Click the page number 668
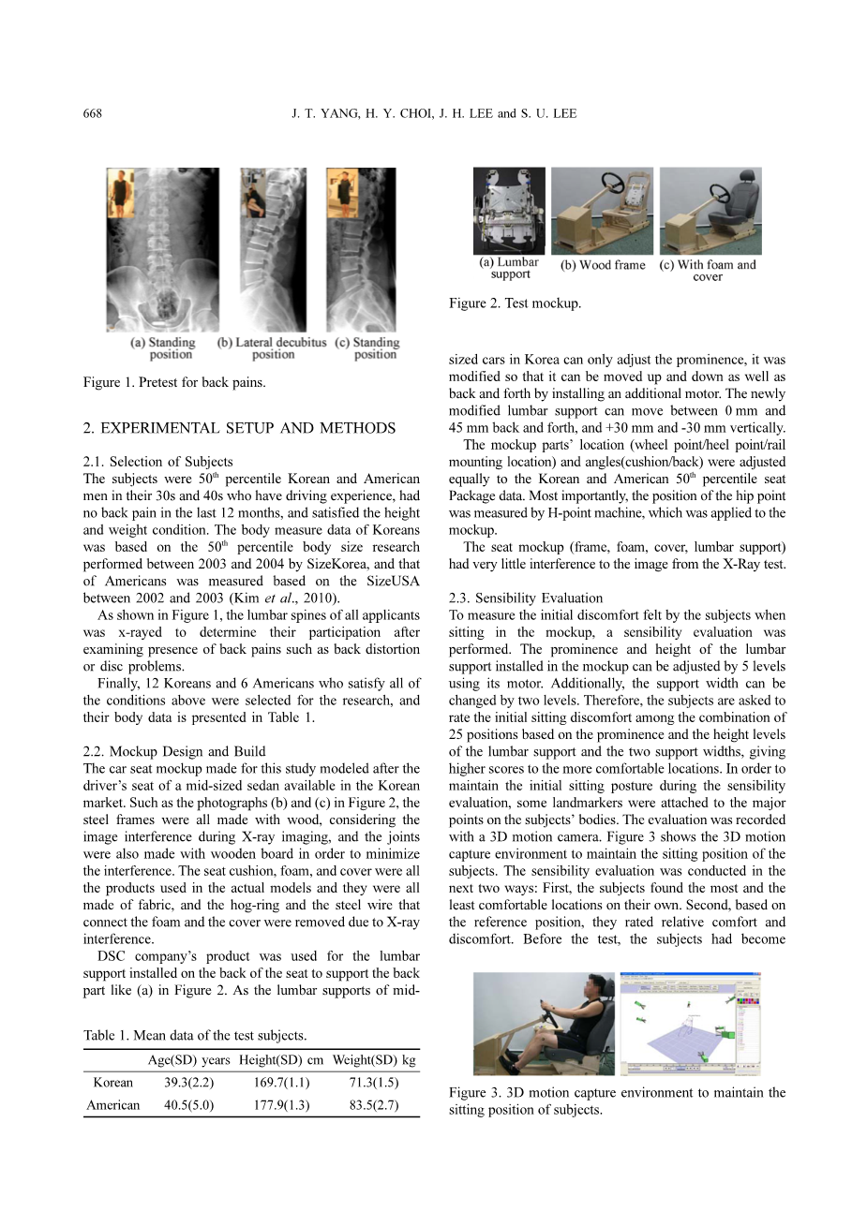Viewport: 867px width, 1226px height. (x=93, y=114)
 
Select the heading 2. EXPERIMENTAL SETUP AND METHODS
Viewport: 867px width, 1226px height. (x=239, y=429)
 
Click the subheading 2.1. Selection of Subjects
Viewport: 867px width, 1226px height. (x=157, y=462)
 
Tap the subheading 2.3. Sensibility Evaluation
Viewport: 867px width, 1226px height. (x=526, y=598)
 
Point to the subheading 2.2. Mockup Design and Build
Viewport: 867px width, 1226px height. (x=174, y=752)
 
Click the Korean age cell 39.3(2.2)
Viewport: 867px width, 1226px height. (x=188, y=1083)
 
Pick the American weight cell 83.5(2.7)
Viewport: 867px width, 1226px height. (x=373, y=1105)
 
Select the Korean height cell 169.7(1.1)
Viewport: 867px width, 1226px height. (x=281, y=1083)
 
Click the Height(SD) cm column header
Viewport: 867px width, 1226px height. (x=281, y=1060)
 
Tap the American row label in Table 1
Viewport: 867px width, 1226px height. (x=112, y=1105)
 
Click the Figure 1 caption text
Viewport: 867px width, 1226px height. (x=174, y=382)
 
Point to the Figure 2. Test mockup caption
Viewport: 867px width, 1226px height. (x=515, y=303)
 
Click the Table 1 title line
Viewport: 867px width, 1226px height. (x=195, y=1035)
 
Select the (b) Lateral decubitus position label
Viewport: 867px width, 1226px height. (x=272, y=348)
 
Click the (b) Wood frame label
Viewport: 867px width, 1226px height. (x=603, y=265)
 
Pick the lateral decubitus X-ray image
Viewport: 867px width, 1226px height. (x=273, y=249)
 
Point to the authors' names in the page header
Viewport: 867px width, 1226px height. (x=434, y=114)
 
